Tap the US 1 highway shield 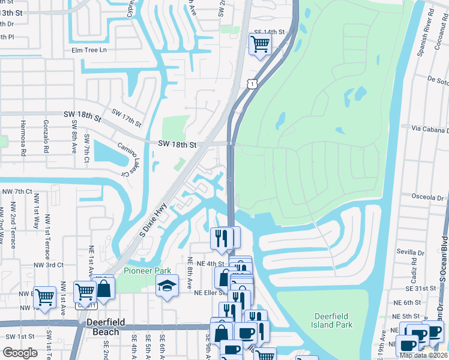tap(253, 83)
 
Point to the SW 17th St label tap(127, 118)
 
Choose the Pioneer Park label tap(143, 271)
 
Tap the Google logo tap(20, 353)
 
